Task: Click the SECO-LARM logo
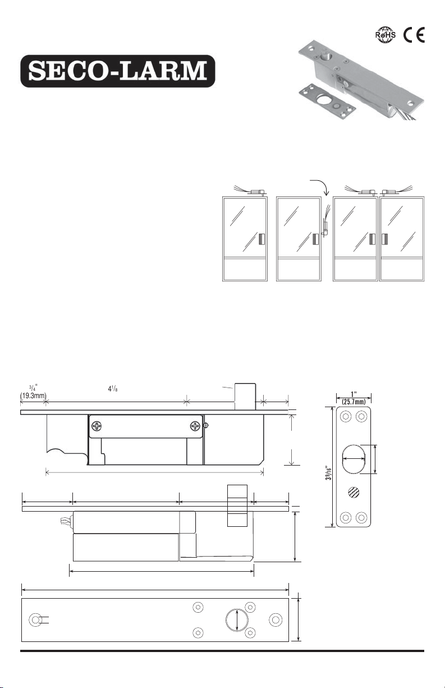click(x=118, y=71)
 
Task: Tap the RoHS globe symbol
click(x=385, y=35)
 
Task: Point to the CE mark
click(x=414, y=35)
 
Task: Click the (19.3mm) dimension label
click(x=33, y=395)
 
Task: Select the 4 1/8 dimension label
click(x=113, y=389)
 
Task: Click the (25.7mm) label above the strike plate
click(x=354, y=402)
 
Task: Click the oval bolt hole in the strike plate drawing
click(x=354, y=459)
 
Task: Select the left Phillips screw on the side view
click(x=97, y=426)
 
